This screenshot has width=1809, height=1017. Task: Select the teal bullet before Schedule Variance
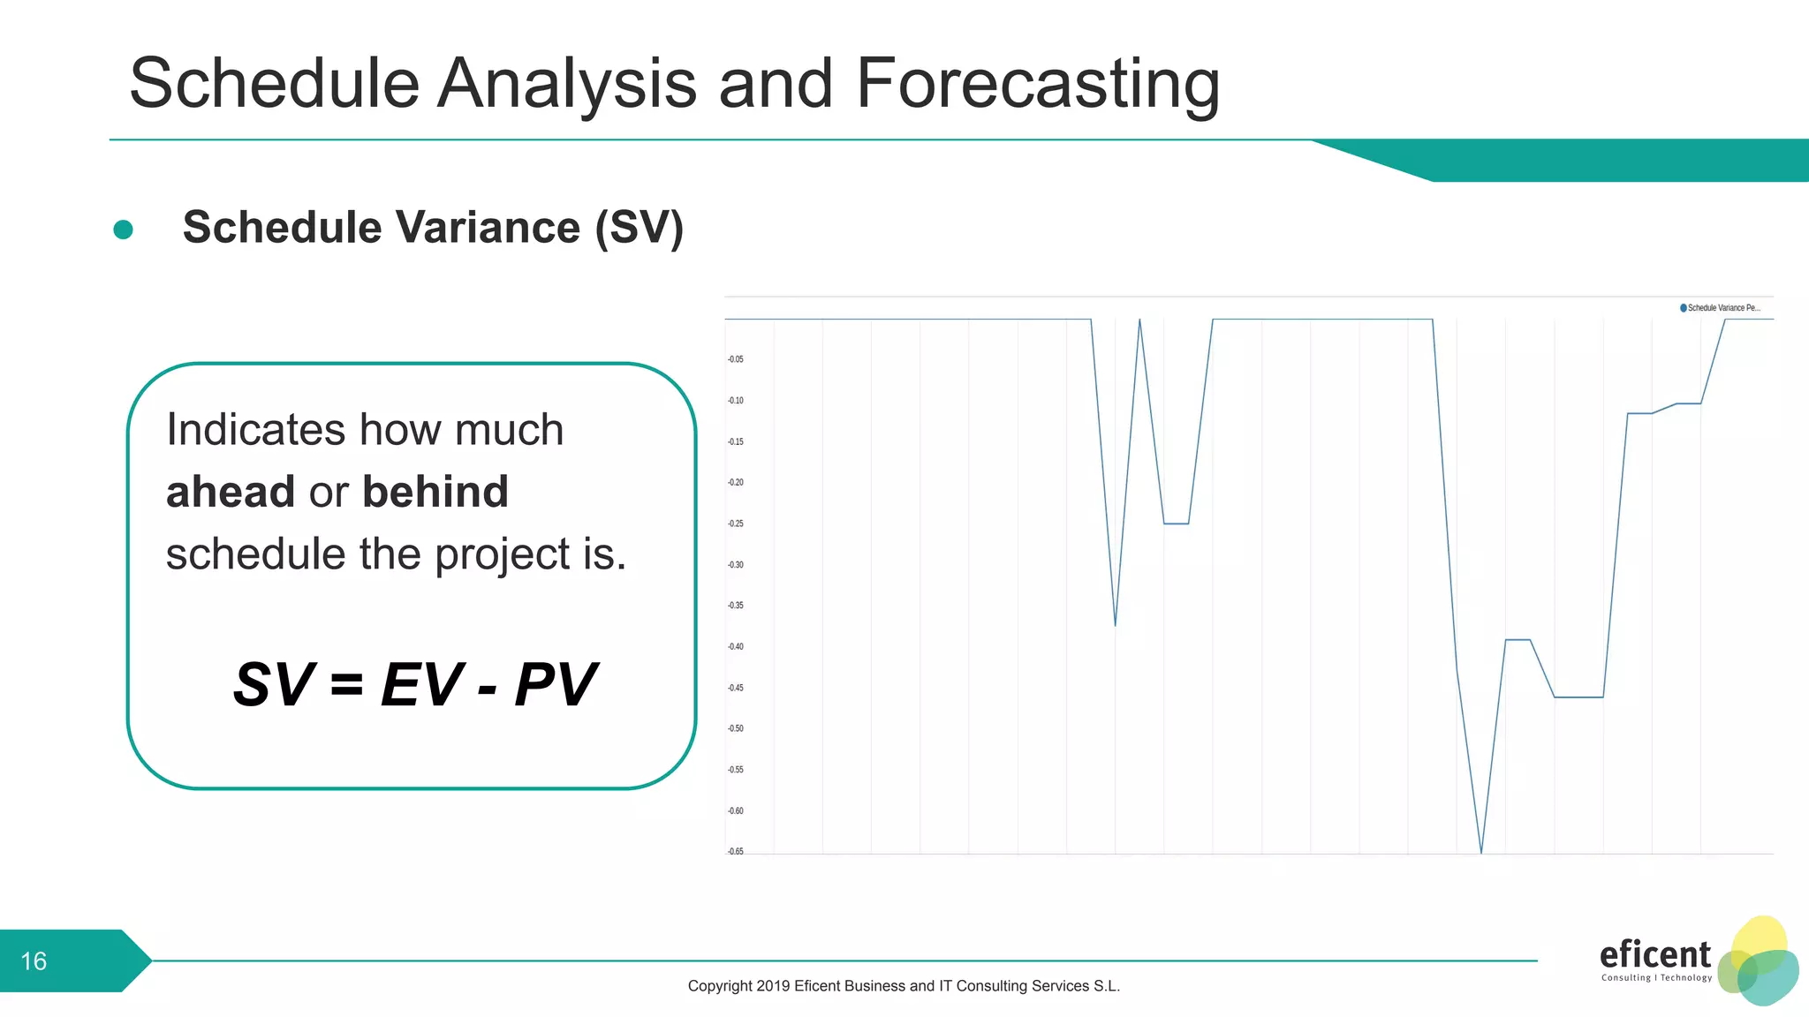(x=124, y=230)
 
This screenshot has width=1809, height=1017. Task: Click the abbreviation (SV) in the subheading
(x=639, y=228)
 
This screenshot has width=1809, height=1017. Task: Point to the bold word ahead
(x=230, y=492)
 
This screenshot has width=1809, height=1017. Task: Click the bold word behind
(x=435, y=492)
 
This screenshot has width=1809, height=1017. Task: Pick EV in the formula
(x=421, y=685)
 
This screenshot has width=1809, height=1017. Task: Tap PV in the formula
(x=555, y=685)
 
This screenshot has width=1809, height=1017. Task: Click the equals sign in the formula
(x=346, y=685)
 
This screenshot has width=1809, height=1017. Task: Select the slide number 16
(x=34, y=961)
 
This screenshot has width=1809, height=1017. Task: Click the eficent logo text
(x=1654, y=954)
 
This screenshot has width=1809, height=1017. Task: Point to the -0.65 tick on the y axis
(x=735, y=851)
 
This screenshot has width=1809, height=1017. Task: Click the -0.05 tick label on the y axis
(x=735, y=359)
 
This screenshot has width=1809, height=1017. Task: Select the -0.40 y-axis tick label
(x=735, y=646)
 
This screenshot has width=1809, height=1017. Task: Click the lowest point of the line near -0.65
(x=1481, y=852)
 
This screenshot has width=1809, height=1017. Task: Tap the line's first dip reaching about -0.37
(x=1115, y=624)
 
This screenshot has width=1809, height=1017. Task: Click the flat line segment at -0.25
(x=1176, y=524)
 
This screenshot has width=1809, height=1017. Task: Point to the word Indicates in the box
(x=254, y=430)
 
